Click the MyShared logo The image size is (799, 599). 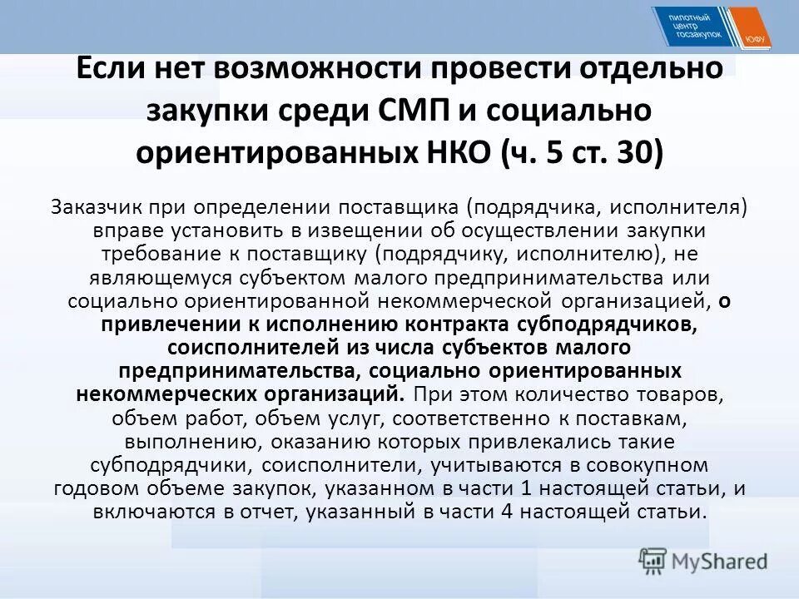click(x=704, y=561)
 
